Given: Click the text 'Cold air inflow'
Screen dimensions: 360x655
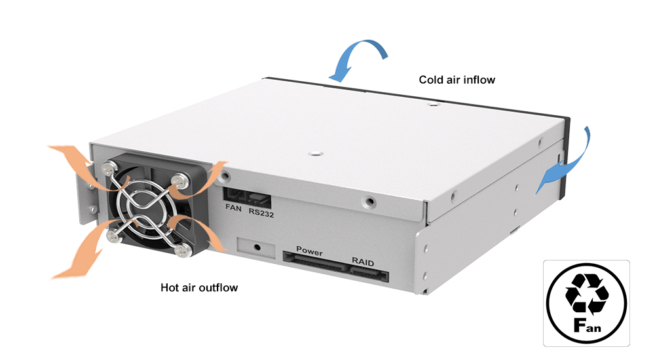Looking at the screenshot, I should pos(457,80).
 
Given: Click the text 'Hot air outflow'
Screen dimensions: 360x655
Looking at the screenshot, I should pos(199,287).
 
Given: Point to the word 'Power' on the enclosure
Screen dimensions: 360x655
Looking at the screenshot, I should pos(310,251).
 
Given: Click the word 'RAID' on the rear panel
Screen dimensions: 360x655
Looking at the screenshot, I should pos(363,262).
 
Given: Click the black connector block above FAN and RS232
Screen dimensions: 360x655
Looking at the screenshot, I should pos(248,195).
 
